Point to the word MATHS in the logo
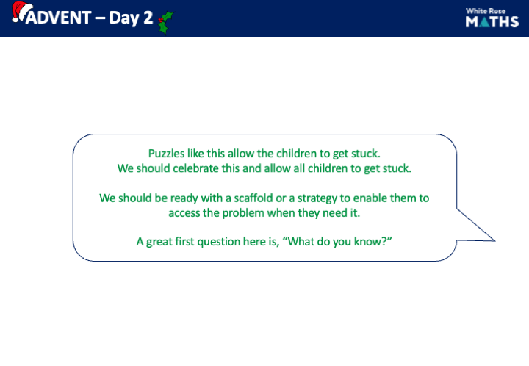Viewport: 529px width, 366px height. (x=492, y=22)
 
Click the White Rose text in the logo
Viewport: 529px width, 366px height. (x=492, y=10)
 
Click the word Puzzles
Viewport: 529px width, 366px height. (x=167, y=154)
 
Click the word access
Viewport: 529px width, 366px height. (x=186, y=212)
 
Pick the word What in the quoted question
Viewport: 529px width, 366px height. (x=309, y=242)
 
